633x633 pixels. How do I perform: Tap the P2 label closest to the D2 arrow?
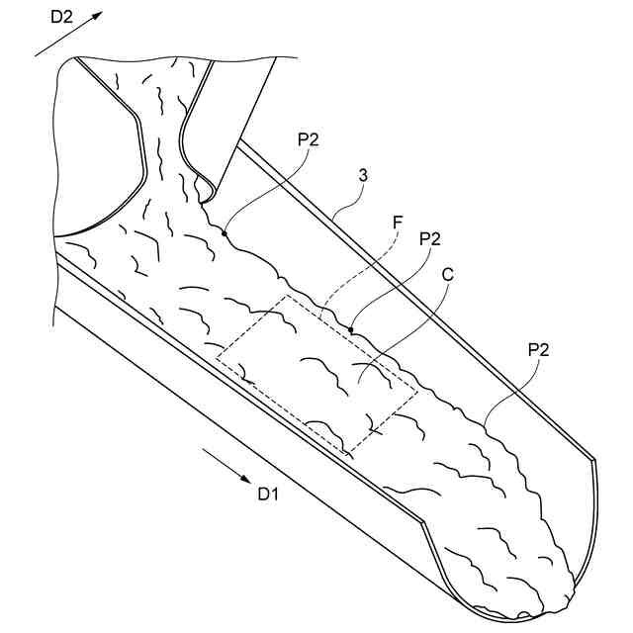(308, 139)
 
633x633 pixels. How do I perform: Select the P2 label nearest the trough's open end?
(538, 349)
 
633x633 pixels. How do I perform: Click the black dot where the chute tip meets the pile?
(226, 233)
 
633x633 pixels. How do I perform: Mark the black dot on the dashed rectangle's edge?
(351, 328)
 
